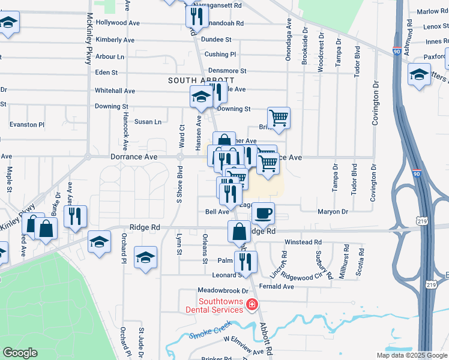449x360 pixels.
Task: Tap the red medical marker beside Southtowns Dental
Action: [x=253, y=305]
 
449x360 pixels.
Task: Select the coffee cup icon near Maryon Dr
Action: [x=263, y=212]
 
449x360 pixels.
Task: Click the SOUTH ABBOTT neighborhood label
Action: [x=193, y=80]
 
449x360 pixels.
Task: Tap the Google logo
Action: [x=20, y=353]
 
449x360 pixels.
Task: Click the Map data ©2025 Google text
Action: [x=412, y=355]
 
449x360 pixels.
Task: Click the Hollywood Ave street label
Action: [x=118, y=23]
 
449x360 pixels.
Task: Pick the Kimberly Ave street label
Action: [x=115, y=40]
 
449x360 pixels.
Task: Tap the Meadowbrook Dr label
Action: [x=211, y=292]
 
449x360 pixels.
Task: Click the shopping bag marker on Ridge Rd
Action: [x=239, y=231]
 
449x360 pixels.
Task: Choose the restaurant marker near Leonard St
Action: [x=246, y=261]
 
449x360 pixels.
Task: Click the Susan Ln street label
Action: [x=148, y=122]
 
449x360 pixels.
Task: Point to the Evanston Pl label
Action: [x=27, y=125]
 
